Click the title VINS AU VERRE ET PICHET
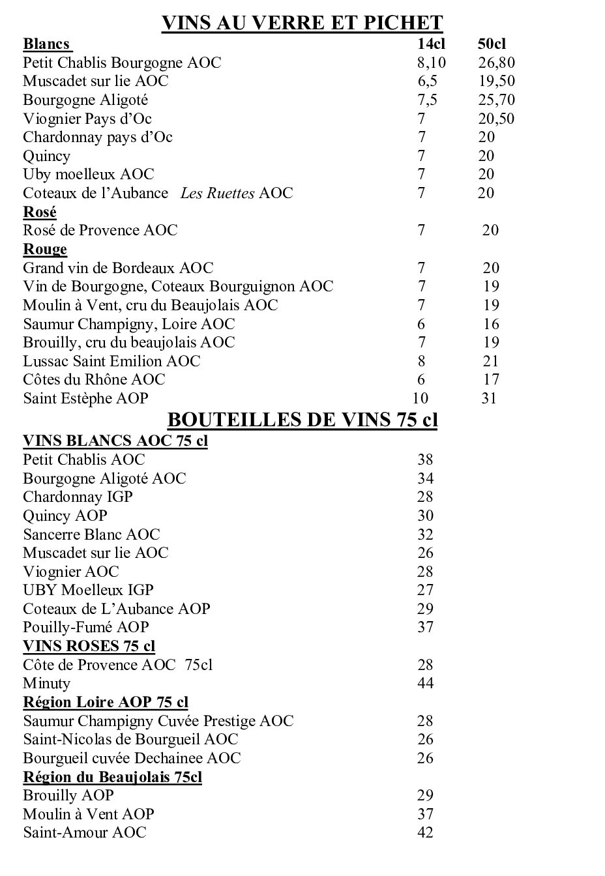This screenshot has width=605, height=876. (302, 23)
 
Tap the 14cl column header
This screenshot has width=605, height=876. (431, 44)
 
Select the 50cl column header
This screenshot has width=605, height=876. (492, 44)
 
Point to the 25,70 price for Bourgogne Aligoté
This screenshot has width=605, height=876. (496, 100)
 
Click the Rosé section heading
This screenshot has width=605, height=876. (40, 212)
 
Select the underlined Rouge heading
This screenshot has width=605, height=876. (45, 249)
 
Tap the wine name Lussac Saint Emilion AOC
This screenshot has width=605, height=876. (111, 361)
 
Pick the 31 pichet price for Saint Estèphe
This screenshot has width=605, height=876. (489, 398)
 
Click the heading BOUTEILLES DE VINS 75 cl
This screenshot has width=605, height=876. (302, 420)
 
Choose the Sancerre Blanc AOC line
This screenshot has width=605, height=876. (91, 534)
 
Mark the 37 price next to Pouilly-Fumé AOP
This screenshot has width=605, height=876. (425, 627)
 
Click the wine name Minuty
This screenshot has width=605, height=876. (46, 683)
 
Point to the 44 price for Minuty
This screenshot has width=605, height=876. (425, 683)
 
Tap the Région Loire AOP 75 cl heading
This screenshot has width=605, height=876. (106, 702)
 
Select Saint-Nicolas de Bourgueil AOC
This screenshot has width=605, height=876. (130, 739)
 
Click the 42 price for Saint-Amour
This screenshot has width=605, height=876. (425, 832)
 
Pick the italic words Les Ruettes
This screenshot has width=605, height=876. (217, 193)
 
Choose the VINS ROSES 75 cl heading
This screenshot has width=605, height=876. (89, 646)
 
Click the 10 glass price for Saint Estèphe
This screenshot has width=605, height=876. (421, 398)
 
